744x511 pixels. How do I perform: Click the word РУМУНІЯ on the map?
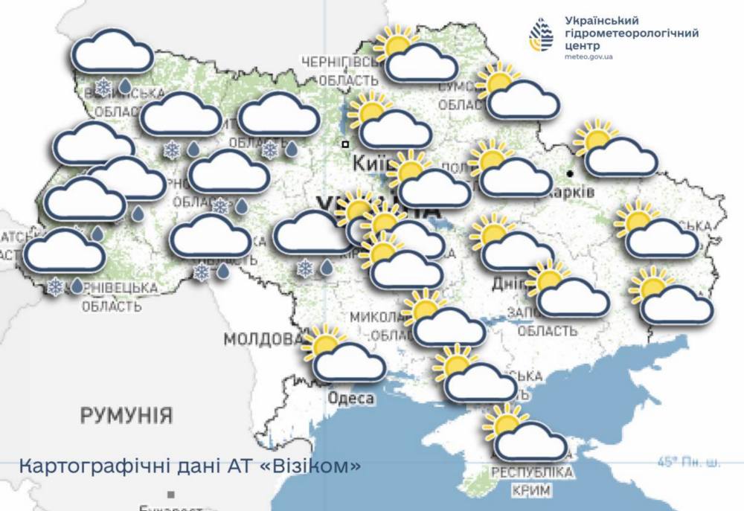(126, 414)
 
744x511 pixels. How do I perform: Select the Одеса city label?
(351, 399)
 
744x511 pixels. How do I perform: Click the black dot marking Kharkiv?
(570, 173)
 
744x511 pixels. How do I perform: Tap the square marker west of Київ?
(345, 144)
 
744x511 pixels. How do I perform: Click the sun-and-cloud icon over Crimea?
(525, 433)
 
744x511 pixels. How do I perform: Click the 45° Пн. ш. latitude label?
(689, 463)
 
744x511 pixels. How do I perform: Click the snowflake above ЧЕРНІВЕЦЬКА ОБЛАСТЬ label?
(54, 286)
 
